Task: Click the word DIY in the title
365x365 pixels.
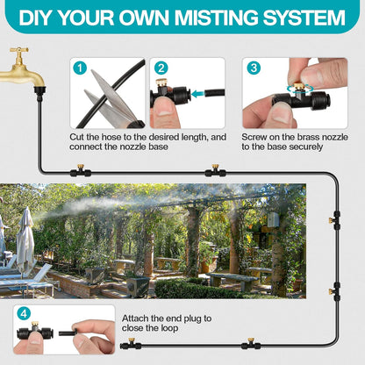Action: pos(39,18)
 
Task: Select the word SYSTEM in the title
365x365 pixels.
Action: pos(301,18)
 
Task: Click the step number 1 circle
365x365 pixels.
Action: pos(81,68)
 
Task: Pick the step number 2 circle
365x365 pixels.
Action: pos(161,68)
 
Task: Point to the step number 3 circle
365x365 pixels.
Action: pos(253,68)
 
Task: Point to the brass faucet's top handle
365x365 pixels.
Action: pos(18,52)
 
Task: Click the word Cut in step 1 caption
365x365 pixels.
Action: pos(77,138)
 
